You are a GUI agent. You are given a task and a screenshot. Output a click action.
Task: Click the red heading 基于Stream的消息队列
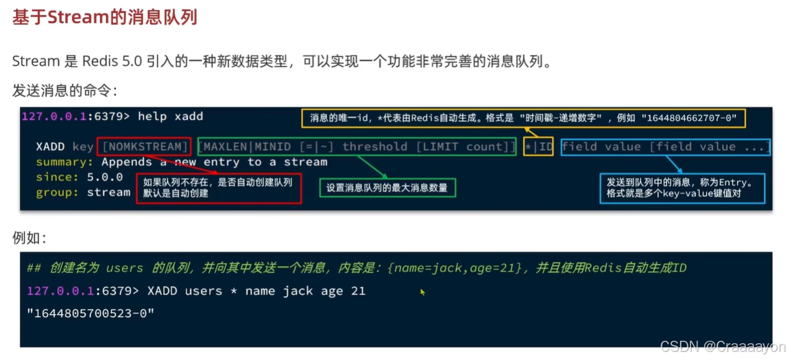105,17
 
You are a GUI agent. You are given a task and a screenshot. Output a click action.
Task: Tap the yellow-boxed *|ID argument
538,146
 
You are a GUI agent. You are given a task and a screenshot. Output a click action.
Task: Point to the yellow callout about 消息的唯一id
523,118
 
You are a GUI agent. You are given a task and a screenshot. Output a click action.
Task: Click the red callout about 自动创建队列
219,187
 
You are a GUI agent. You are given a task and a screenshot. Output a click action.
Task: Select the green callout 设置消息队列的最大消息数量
387,187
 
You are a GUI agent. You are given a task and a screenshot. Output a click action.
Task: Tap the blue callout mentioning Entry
682,187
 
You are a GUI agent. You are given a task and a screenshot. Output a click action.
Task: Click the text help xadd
170,116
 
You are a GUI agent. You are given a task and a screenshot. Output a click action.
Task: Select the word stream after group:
109,192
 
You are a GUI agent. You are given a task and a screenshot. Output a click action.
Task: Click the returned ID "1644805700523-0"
90,313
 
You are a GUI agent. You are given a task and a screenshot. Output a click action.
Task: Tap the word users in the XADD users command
203,290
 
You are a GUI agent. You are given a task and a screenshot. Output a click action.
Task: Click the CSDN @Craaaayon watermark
723,347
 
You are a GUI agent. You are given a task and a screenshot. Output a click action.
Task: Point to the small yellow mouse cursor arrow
422,291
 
